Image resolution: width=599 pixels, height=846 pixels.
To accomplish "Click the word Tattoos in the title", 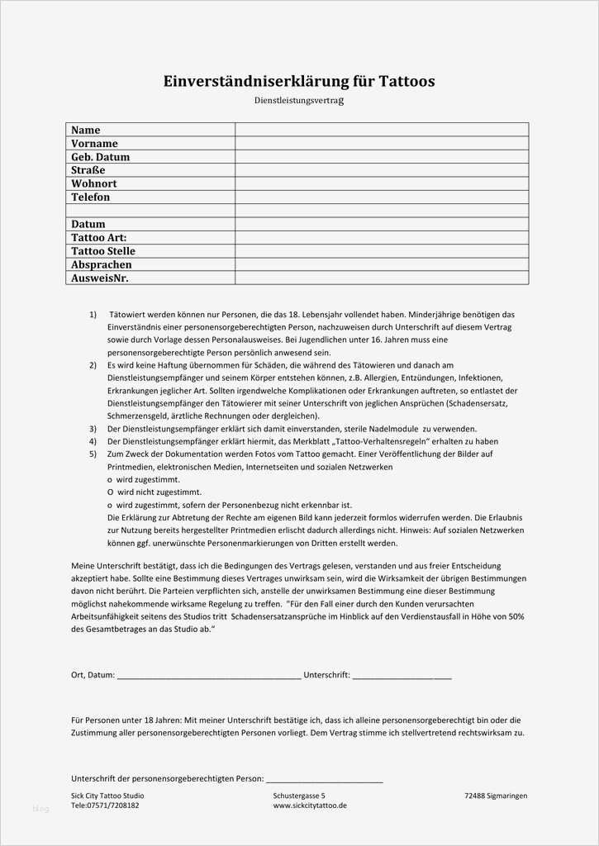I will click(396, 81).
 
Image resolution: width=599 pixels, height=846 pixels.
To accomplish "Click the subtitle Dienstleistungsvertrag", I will click(298, 101).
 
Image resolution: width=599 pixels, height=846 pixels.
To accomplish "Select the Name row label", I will click(86, 130).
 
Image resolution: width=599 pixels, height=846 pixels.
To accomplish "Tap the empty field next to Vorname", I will click(382, 143).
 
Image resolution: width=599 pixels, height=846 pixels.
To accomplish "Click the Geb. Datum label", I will click(101, 157).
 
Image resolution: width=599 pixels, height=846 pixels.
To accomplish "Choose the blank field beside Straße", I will click(382, 170).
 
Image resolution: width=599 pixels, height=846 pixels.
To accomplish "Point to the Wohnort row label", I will click(94, 183).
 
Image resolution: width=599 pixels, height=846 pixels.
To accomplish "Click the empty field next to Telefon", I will click(382, 197).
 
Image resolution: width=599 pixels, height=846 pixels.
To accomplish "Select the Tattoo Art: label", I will click(99, 237).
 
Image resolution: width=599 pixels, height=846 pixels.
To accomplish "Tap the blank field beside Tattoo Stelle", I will click(382, 251).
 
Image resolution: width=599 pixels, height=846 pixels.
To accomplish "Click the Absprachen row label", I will click(102, 264).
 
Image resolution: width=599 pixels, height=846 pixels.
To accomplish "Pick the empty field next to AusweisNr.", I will click(382, 278).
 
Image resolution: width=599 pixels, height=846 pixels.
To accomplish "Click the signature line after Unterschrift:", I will click(402, 676).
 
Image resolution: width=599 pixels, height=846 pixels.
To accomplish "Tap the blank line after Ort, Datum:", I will click(209, 676).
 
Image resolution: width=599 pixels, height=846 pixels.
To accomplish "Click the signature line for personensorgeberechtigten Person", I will click(324, 779).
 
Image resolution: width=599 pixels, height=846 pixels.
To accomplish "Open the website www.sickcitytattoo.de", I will click(310, 806).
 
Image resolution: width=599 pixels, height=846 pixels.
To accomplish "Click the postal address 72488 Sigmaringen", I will click(496, 796).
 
